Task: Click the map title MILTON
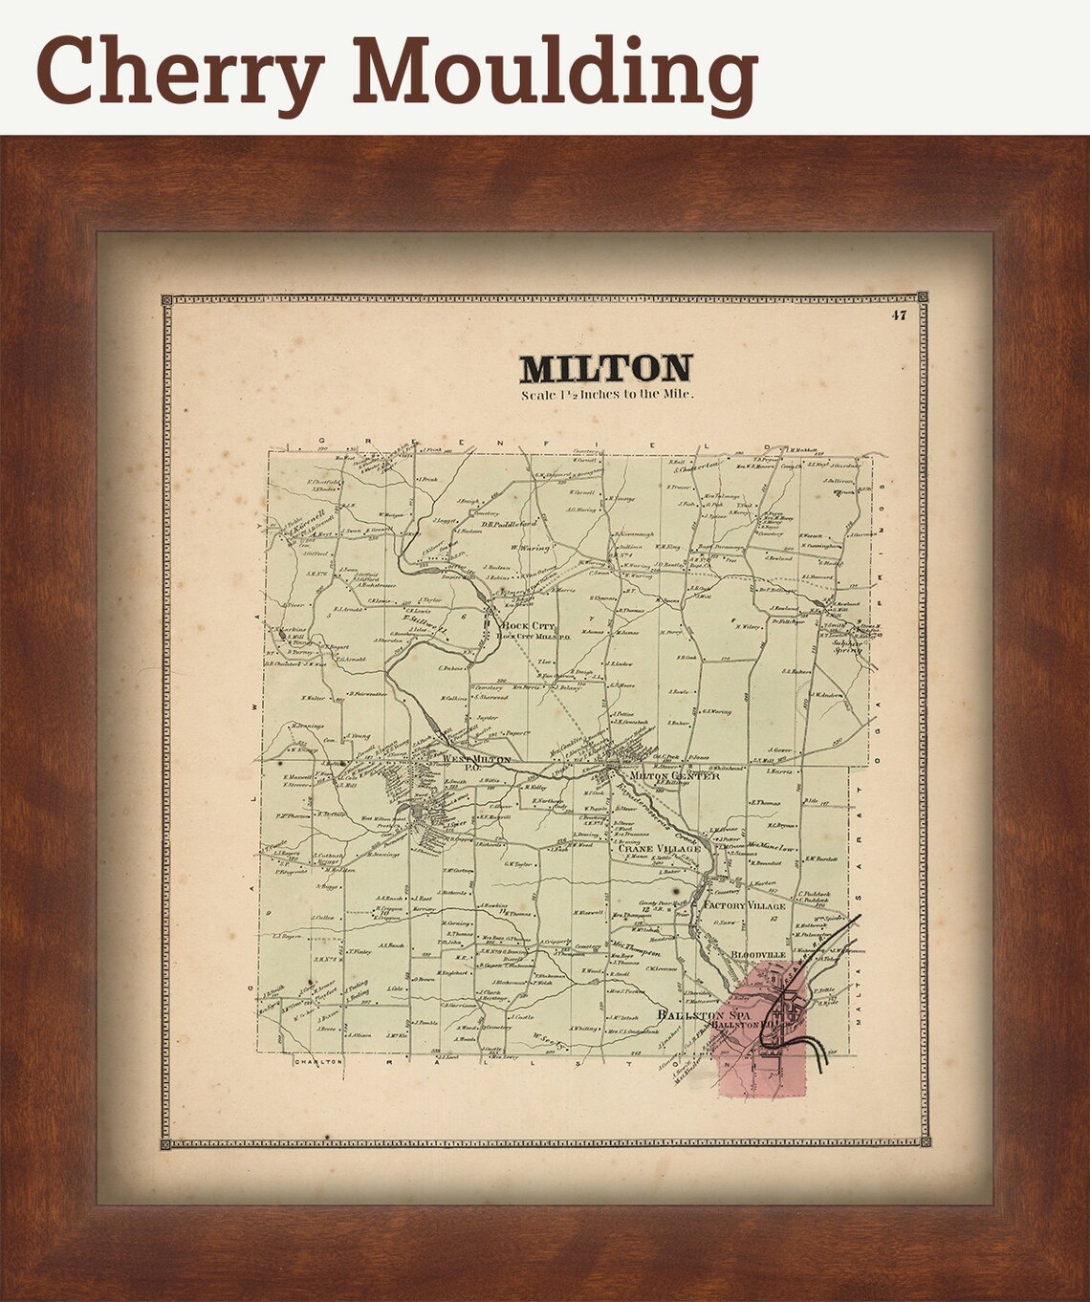tap(605, 369)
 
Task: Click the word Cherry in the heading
tap(182, 73)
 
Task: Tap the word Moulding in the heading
tap(556, 73)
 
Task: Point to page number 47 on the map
tap(898, 315)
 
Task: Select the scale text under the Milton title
tap(607, 394)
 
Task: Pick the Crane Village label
tap(659, 848)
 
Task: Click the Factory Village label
tap(744, 905)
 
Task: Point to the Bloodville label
tap(758, 954)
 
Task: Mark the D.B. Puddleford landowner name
tap(510, 524)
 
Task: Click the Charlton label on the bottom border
tap(318, 1062)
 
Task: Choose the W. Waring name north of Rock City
tap(533, 548)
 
